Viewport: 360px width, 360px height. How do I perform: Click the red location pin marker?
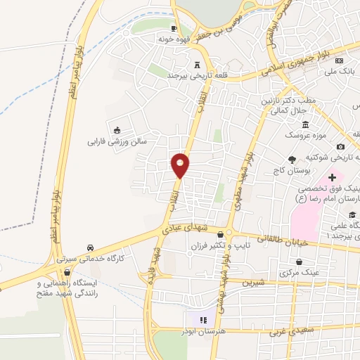(181, 165)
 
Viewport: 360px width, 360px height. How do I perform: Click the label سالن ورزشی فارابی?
(116, 141)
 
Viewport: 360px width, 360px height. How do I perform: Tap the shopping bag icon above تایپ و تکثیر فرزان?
(221, 235)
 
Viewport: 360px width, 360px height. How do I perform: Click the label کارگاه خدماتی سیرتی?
(91, 259)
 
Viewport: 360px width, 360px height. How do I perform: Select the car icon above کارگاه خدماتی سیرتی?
(91, 248)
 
